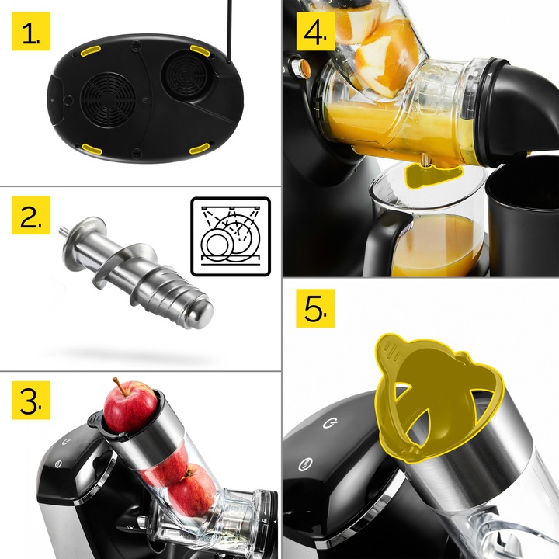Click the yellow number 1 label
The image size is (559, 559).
coord(31,31)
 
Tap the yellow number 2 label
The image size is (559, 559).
coord(31,215)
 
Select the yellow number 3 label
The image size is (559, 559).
coord(31,400)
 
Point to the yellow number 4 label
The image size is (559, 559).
coord(315,31)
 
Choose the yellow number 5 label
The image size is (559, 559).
coord(315,308)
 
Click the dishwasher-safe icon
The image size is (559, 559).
coord(231,236)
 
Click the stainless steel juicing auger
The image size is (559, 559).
coord(137,272)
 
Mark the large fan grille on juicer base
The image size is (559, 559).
coord(108,100)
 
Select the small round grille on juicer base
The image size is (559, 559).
coord(186,75)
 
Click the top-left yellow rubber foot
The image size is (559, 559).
coord(91,51)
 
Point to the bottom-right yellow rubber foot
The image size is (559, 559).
coord(200,148)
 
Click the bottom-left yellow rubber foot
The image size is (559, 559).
coord(92,148)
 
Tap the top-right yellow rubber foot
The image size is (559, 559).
coord(200,50)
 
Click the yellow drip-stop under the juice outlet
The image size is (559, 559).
coord(432,175)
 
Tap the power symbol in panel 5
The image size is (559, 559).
coord(330,423)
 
